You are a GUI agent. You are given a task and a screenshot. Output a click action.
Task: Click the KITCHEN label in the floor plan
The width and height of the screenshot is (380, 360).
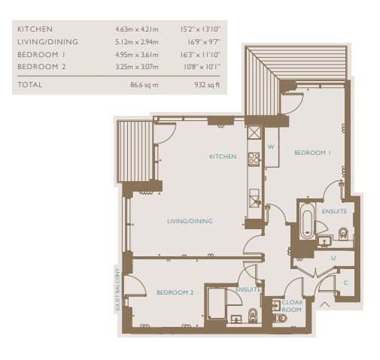[223, 156]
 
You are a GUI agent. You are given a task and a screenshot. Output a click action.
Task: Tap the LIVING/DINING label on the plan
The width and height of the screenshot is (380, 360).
[190, 221]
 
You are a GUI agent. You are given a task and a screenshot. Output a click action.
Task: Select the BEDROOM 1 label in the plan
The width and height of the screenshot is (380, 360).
[312, 153]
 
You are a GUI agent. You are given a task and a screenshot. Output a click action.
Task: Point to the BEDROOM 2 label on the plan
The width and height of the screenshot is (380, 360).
[175, 292]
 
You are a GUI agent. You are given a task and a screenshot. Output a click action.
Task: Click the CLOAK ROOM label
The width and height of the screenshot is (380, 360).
[292, 306]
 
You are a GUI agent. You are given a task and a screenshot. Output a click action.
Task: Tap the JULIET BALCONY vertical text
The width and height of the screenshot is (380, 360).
[117, 289]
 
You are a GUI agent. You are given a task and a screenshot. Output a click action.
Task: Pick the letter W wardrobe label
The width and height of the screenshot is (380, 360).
[271, 147]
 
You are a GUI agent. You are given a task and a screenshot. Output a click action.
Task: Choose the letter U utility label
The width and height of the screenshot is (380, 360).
[333, 258]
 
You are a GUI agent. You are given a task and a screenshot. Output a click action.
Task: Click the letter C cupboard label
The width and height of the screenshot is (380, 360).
[346, 283]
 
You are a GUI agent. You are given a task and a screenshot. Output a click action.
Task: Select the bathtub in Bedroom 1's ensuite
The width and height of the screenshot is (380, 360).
[307, 220]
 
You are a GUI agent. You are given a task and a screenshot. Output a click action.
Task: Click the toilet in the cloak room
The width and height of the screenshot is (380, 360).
[280, 318]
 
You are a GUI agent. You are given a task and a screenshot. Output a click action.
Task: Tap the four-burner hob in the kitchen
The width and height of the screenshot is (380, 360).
[254, 159]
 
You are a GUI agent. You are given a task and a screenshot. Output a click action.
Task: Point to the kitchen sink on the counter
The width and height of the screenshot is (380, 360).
[254, 198]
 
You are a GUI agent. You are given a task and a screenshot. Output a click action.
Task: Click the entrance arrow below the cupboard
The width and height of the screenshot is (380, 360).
[324, 304]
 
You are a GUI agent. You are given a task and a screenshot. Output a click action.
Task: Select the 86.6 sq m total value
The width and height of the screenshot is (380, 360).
[144, 85]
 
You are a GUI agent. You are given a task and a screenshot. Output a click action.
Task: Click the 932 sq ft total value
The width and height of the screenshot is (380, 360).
[207, 85]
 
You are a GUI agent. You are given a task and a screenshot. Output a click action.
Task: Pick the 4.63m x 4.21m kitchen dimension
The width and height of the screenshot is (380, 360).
[137, 29]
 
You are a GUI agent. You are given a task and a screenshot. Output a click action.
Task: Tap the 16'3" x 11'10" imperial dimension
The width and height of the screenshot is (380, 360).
[200, 55]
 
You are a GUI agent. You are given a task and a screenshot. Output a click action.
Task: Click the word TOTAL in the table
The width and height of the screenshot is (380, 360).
[30, 85]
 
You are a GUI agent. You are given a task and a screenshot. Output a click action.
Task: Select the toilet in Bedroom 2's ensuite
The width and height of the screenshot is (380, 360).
[253, 316]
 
